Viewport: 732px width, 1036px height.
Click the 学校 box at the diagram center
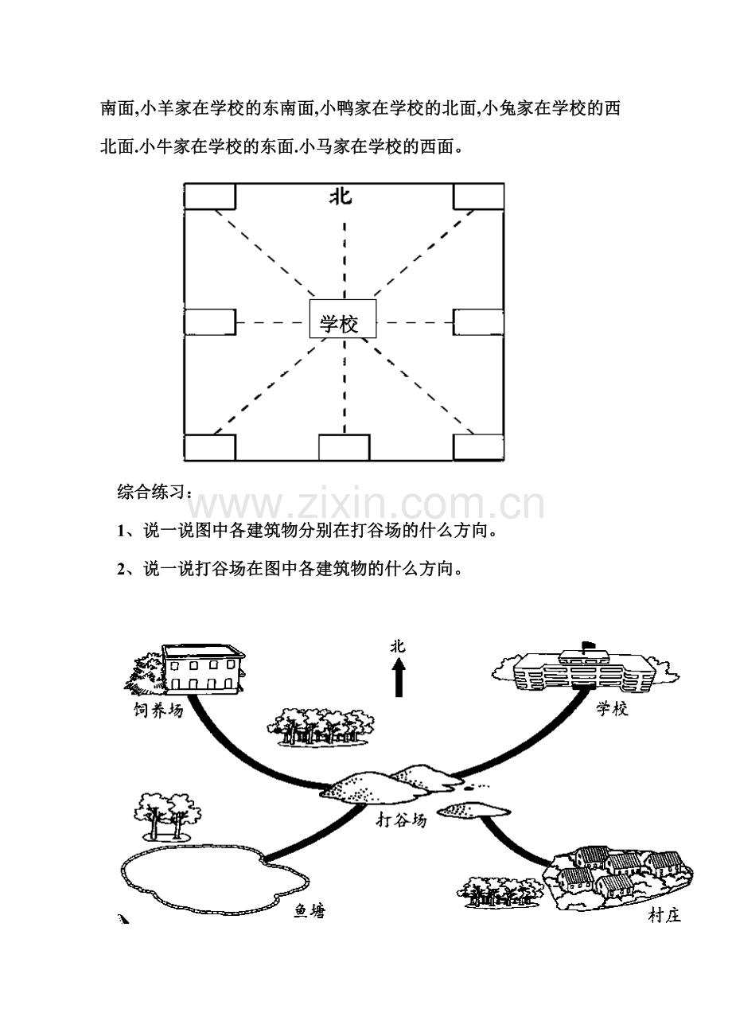click(x=343, y=318)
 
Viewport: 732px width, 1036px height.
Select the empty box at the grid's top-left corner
click(x=210, y=197)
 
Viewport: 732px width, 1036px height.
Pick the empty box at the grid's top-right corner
click(x=479, y=197)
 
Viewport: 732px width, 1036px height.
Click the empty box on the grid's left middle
click(x=210, y=322)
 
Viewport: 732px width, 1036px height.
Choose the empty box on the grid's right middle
click(x=479, y=322)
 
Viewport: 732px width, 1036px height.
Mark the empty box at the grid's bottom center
click(x=344, y=447)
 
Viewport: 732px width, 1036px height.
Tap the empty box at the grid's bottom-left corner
click(x=210, y=447)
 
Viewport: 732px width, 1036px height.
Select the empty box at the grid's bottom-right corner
click(x=479, y=447)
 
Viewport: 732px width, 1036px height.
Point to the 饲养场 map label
click(x=158, y=710)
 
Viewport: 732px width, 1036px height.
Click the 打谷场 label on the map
click(x=401, y=820)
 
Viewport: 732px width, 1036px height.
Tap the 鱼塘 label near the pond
click(x=310, y=911)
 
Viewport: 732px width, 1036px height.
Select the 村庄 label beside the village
click(x=664, y=915)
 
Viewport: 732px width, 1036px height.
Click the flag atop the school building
click(x=586, y=645)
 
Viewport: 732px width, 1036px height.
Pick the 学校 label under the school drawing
click(x=612, y=708)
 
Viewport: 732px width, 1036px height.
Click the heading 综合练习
click(x=151, y=492)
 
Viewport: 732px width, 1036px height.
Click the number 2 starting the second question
click(x=121, y=570)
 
